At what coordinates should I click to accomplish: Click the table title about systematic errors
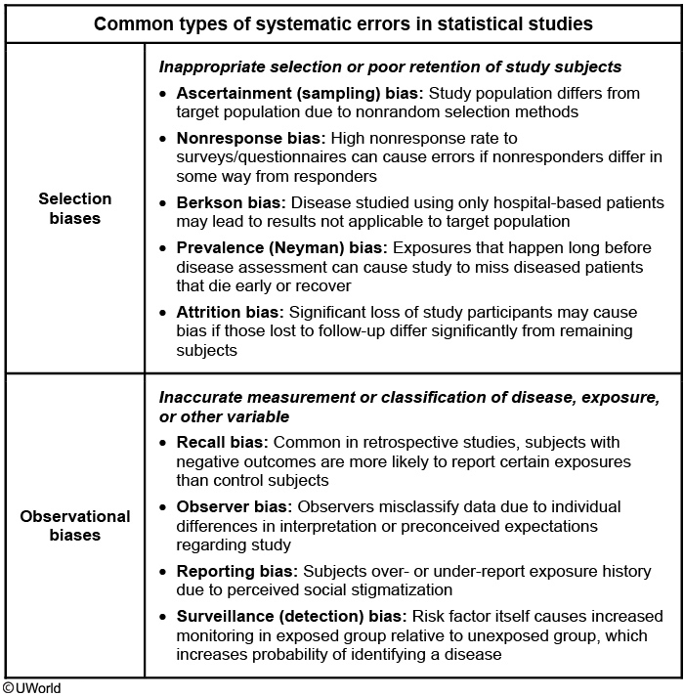343,22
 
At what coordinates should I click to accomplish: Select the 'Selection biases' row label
75,208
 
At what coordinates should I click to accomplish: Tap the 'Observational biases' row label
75,525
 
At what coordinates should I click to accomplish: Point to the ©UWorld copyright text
31,688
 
